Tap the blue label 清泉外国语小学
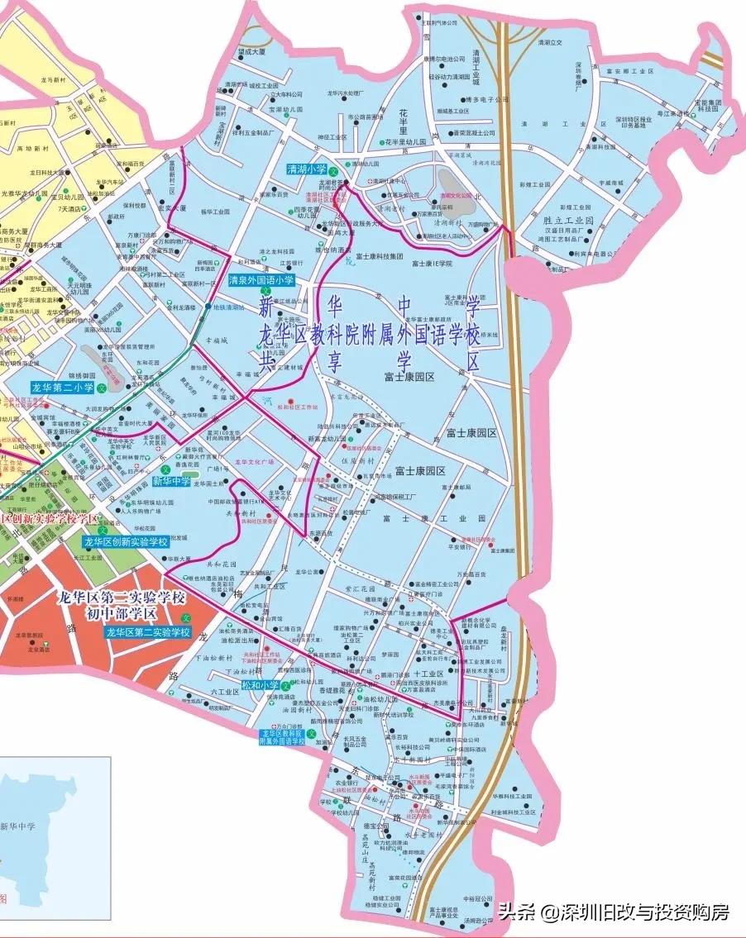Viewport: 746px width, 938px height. [x=261, y=280]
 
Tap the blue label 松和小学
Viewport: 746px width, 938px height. [x=260, y=685]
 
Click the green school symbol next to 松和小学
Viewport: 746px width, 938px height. [x=285, y=685]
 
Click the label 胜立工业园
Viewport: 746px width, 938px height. [x=569, y=221]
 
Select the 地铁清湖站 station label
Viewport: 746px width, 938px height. [x=228, y=307]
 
